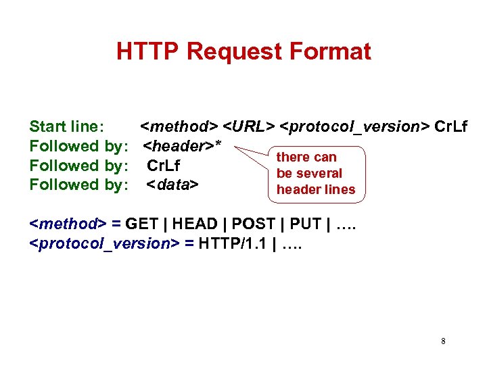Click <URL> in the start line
pyautogui.click(x=249, y=126)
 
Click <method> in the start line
pyautogui.click(x=179, y=126)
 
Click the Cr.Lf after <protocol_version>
pyautogui.click(x=450, y=126)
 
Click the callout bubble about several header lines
pyautogui.click(x=316, y=174)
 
